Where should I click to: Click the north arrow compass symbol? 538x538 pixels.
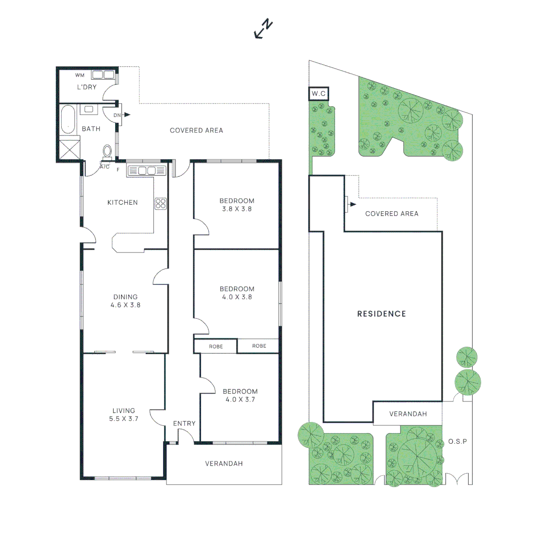click(x=264, y=29)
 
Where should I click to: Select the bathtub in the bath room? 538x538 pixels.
click(x=68, y=120)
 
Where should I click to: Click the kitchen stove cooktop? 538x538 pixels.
click(x=161, y=203)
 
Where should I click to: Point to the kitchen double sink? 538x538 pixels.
click(x=146, y=171)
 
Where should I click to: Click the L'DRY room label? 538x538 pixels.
click(x=86, y=88)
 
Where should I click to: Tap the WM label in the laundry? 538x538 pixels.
click(x=80, y=75)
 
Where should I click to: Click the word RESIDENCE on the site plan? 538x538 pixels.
click(x=382, y=314)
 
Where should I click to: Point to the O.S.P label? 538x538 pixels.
click(x=457, y=441)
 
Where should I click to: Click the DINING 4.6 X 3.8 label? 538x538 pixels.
click(x=125, y=301)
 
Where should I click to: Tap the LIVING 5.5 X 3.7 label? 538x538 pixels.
click(x=124, y=414)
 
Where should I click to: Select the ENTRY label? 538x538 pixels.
click(x=184, y=423)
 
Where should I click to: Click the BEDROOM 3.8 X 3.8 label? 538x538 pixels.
click(x=237, y=205)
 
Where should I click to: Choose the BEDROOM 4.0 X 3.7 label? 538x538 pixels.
click(x=240, y=395)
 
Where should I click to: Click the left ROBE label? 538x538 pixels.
click(x=215, y=346)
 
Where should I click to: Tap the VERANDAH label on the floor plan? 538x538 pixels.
click(x=224, y=464)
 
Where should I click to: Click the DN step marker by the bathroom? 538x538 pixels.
click(x=118, y=115)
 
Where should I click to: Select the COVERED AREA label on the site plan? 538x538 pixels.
click(x=392, y=214)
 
